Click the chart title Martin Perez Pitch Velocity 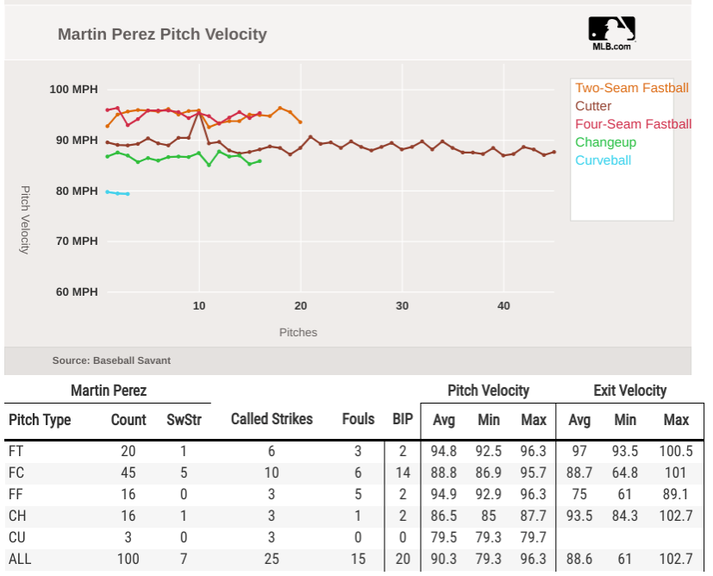coord(162,34)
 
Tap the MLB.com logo coord(611,34)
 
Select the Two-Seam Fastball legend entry coord(631,88)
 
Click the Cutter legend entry coord(593,106)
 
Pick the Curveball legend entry coord(603,160)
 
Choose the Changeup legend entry coord(605,142)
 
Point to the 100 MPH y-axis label coord(73,89)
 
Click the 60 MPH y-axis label coord(76,291)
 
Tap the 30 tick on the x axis coord(403,306)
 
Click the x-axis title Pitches coord(298,333)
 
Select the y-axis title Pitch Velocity coord(25,219)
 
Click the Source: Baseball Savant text coord(111,360)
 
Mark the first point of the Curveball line coord(108,191)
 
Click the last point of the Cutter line coord(554,152)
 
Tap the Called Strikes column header coord(272,420)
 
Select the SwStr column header coord(183,420)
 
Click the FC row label coord(16,473)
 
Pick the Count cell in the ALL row coord(128,560)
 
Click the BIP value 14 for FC coord(402,473)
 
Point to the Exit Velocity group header coord(629,391)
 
